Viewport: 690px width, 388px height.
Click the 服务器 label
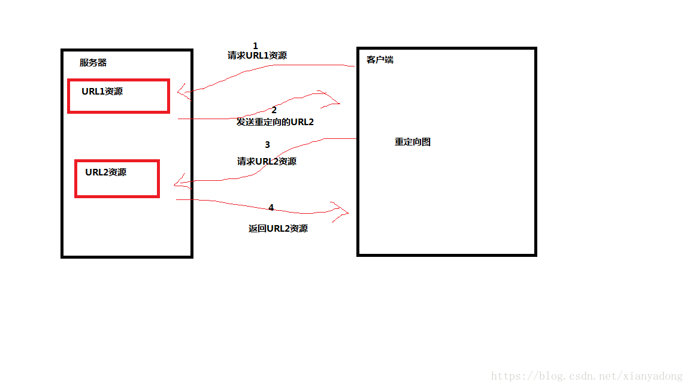coord(93,62)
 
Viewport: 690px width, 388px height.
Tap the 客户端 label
coord(380,60)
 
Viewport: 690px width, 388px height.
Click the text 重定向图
coord(413,142)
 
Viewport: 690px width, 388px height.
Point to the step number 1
coord(256,46)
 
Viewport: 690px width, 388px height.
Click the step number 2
coord(274,110)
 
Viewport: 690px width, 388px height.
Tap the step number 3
coord(268,144)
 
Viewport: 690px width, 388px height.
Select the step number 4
coord(271,207)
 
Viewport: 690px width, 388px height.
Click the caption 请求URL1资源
coord(257,56)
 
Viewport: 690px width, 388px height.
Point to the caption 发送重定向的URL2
coord(275,122)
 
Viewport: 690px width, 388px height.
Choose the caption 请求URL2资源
coord(267,161)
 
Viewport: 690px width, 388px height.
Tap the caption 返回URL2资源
coord(278,228)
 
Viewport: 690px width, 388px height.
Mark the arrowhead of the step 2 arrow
coord(333,101)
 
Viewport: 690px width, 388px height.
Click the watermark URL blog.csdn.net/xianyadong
coord(586,376)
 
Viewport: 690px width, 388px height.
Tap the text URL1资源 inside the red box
coord(102,92)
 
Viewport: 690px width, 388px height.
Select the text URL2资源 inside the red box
coord(105,172)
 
